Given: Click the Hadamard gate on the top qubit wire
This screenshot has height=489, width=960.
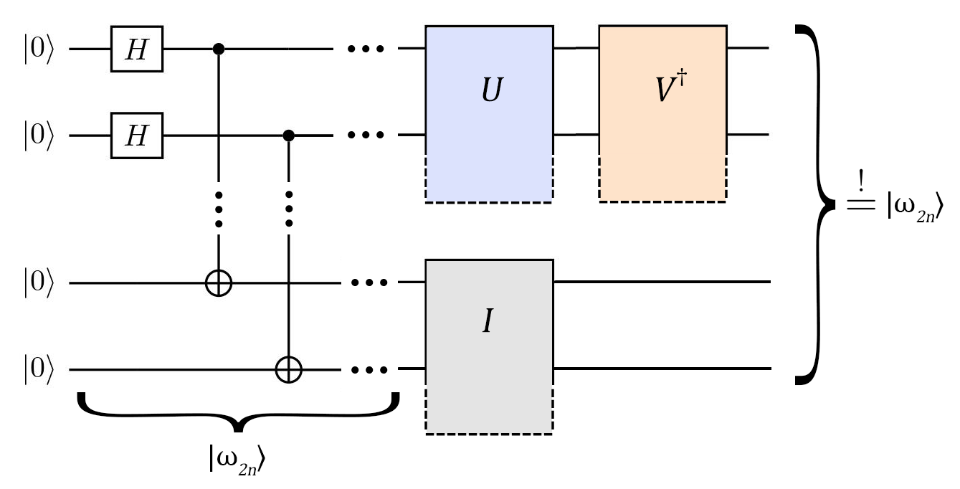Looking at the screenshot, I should tap(136, 49).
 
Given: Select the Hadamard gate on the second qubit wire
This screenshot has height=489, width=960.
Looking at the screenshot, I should tap(136, 135).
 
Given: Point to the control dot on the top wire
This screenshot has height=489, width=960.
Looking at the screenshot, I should tap(219, 49).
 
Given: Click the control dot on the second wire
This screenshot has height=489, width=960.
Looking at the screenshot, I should tap(288, 135).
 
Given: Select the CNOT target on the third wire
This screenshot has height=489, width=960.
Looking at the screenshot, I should tap(219, 283).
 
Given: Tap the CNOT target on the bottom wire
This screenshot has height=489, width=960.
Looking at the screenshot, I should tap(288, 370).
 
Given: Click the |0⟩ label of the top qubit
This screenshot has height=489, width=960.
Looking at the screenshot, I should tap(38, 50).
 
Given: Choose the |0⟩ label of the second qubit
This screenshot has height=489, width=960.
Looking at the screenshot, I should tap(38, 136).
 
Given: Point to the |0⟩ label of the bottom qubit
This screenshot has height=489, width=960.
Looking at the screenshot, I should tap(38, 370).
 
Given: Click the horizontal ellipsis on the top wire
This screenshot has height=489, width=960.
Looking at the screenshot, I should tap(366, 49).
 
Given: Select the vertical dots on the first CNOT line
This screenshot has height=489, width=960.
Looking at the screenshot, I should tap(219, 209).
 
